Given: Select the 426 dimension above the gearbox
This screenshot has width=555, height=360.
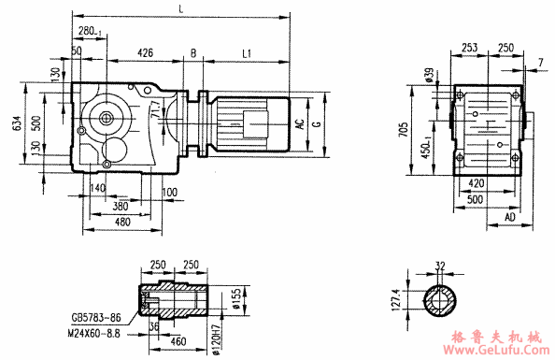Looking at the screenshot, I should click(145, 53).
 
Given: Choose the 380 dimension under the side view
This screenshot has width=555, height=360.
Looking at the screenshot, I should click(121, 207).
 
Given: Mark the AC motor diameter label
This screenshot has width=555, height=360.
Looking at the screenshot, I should click(300, 124).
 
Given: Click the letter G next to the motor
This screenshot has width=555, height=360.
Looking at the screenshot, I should click(318, 123).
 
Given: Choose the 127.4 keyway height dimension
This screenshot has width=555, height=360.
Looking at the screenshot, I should click(397, 299).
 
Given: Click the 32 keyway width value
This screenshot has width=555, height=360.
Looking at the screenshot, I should click(440, 265).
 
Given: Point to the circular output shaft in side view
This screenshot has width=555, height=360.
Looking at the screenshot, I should click(106, 119).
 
